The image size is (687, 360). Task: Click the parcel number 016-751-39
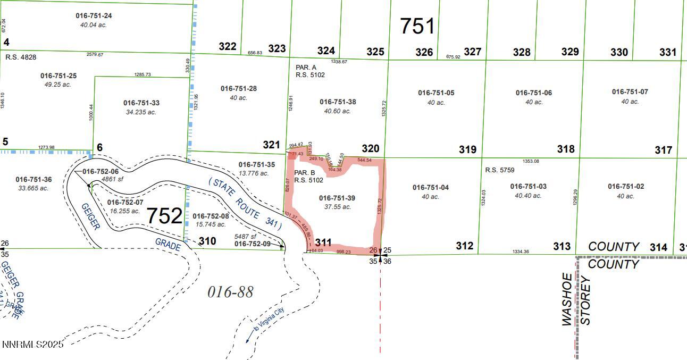[x=337, y=198]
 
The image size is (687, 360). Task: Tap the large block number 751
[x=417, y=26]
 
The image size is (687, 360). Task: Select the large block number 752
[x=164, y=216]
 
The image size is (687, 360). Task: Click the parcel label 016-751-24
[x=94, y=16]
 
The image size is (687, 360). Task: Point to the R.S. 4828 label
[x=21, y=57]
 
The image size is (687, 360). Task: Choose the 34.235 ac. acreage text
[x=141, y=112]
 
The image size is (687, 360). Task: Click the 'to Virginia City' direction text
[x=269, y=320]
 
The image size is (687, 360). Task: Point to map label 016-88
[x=230, y=291]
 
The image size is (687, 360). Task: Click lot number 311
[x=323, y=242]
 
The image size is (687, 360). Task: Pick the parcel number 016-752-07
[x=125, y=203]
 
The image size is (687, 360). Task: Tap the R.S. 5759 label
[x=500, y=170]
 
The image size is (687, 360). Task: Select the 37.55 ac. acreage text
[x=338, y=207]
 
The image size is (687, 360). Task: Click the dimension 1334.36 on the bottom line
[x=521, y=252]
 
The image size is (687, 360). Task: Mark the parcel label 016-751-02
[x=626, y=186]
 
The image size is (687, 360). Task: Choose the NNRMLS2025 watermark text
[x=33, y=345]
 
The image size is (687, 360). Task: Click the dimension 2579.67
[x=95, y=54]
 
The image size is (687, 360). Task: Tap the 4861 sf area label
[x=112, y=179]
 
